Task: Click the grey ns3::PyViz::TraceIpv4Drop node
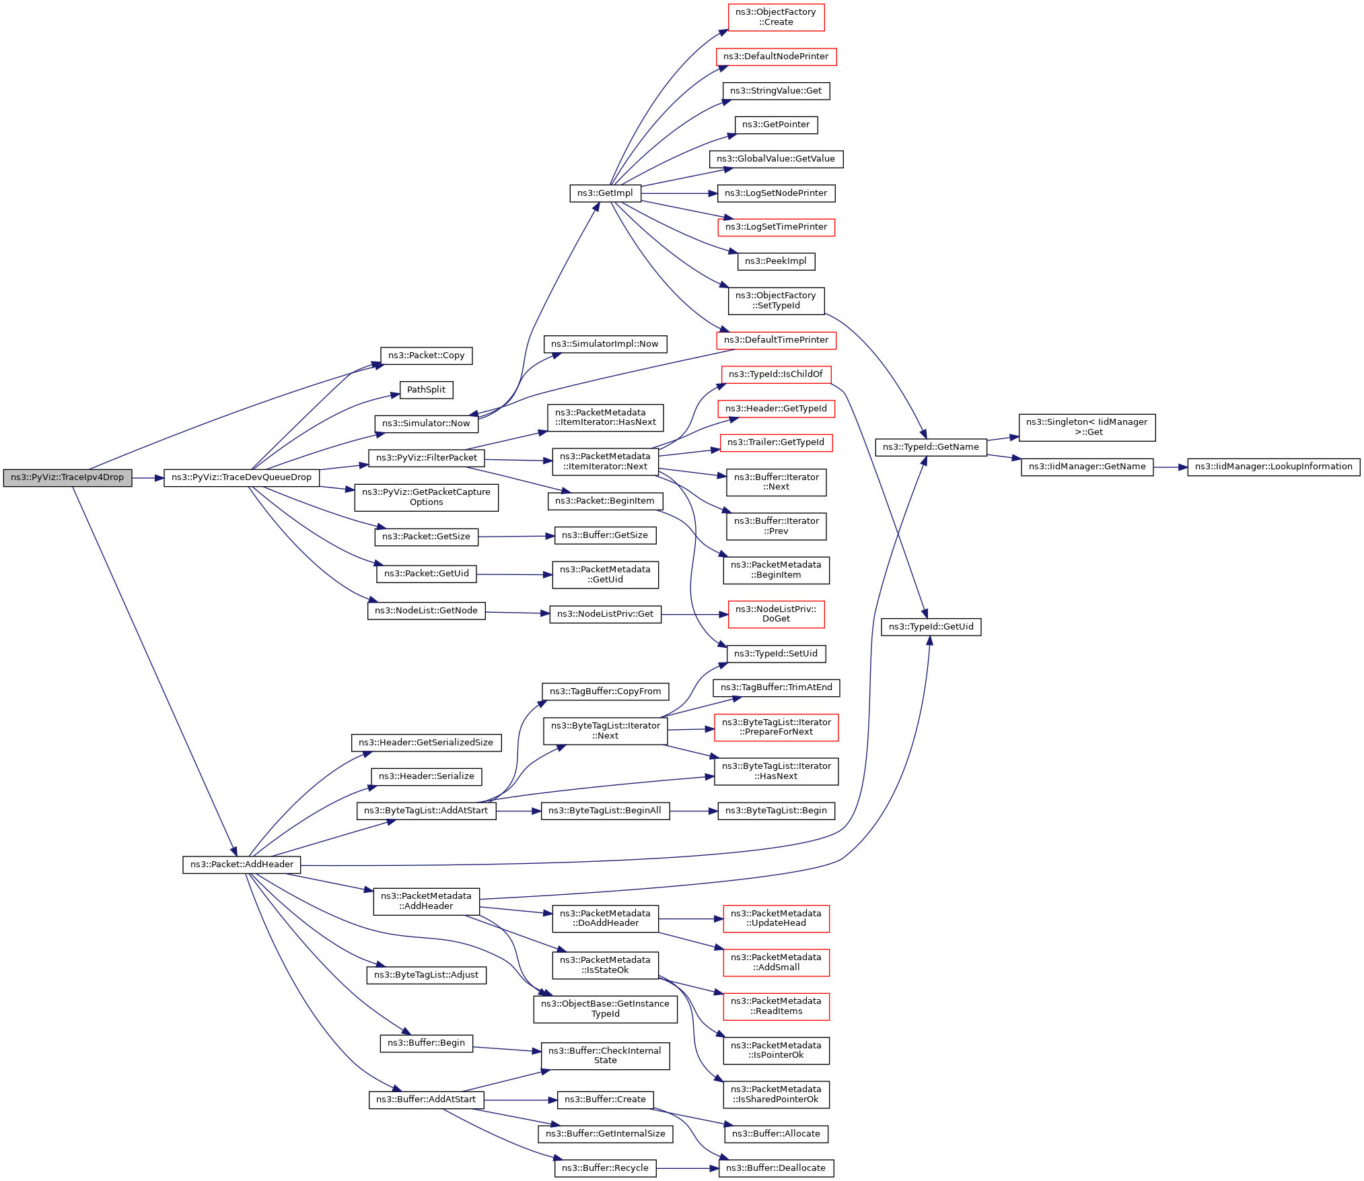pyautogui.click(x=67, y=477)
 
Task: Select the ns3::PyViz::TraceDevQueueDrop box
pyautogui.click(x=241, y=477)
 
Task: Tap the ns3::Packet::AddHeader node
pyautogui.click(x=242, y=865)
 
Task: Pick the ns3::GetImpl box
pyautogui.click(x=605, y=193)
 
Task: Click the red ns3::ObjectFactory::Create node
pyautogui.click(x=776, y=18)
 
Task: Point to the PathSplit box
pyautogui.click(x=426, y=390)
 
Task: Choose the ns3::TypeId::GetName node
pyautogui.click(x=931, y=447)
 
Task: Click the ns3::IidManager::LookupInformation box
pyautogui.click(x=1273, y=467)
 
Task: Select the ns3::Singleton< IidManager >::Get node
pyautogui.click(x=1087, y=428)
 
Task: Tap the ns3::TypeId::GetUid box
pyautogui.click(x=931, y=627)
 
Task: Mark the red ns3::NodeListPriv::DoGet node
pyautogui.click(x=776, y=614)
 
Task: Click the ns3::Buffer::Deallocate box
pyautogui.click(x=776, y=1168)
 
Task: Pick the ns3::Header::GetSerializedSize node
pyautogui.click(x=426, y=743)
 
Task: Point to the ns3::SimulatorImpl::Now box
pyautogui.click(x=605, y=344)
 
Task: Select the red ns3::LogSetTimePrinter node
pyautogui.click(x=776, y=227)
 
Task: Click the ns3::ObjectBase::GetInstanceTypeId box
pyautogui.click(x=605, y=1009)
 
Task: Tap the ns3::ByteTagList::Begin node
pyautogui.click(x=776, y=811)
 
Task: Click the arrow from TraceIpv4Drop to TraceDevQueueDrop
pyautogui.click(x=148, y=478)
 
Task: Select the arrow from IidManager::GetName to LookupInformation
pyautogui.click(x=1171, y=467)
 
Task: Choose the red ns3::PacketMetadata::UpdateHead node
pyautogui.click(x=776, y=918)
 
